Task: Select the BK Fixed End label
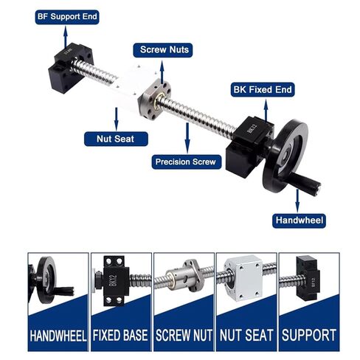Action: click(263, 90)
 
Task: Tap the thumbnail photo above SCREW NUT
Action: click(184, 285)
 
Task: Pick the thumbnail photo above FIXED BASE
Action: click(121, 285)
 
